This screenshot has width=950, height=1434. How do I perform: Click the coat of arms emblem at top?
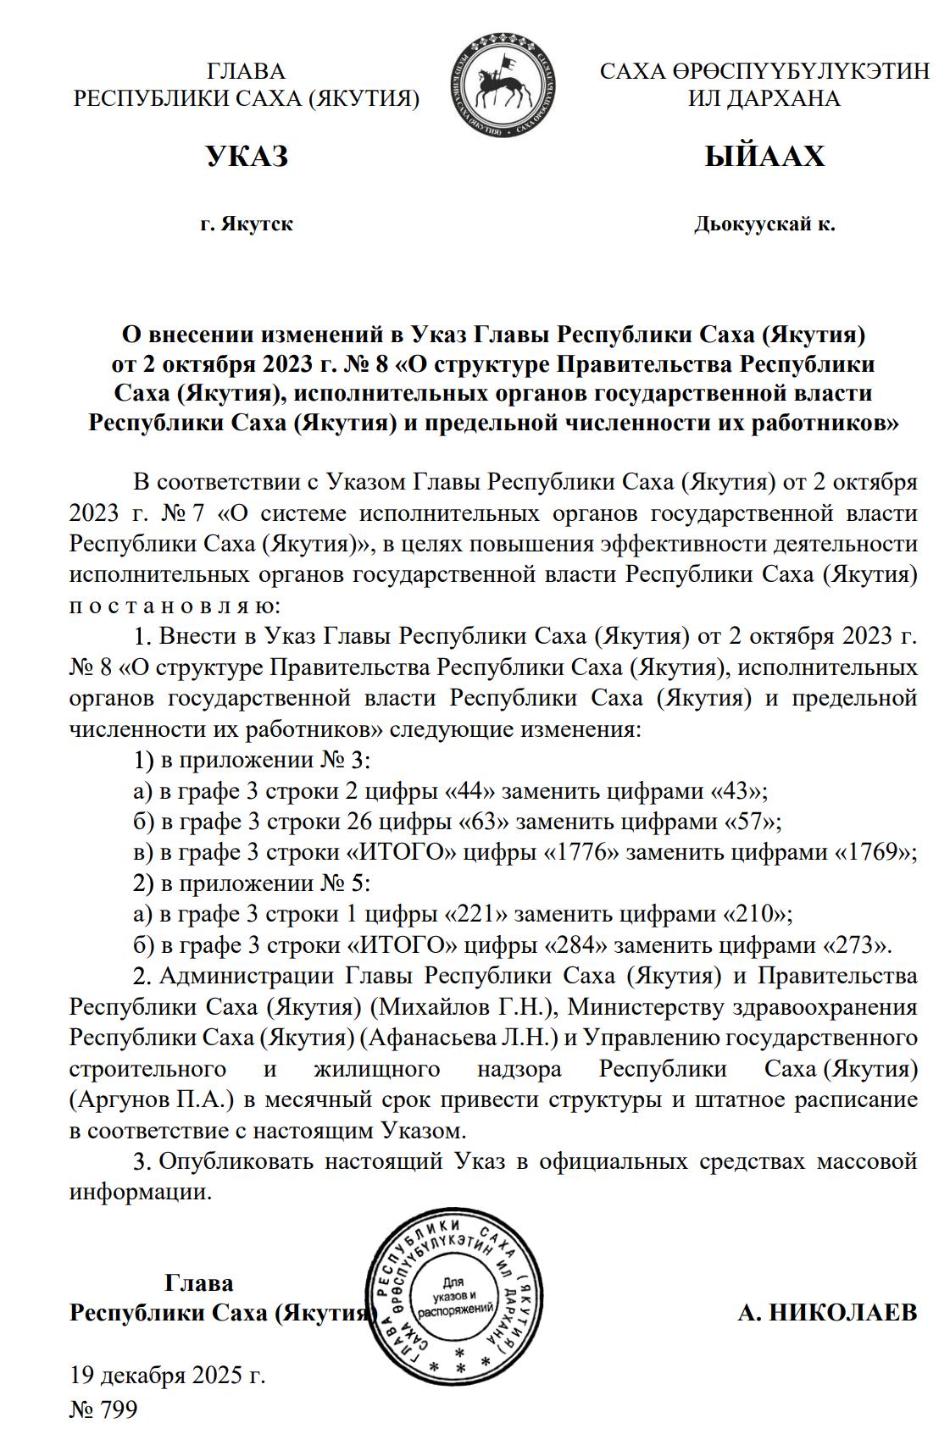coord(503,84)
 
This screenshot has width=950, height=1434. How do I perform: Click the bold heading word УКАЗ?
coord(247,157)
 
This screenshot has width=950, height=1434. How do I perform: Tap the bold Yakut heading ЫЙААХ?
coord(764,157)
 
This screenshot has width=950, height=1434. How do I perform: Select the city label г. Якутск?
coord(247,224)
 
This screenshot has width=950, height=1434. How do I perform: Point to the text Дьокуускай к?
coord(764,224)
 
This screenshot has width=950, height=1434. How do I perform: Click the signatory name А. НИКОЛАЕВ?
coord(827,1313)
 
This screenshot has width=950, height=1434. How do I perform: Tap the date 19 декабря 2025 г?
coord(167,1374)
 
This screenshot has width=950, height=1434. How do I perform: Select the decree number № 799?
coord(103,1409)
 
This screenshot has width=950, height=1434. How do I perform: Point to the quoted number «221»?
coord(476,914)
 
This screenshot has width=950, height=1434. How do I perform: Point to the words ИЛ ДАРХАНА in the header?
coord(764,98)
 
